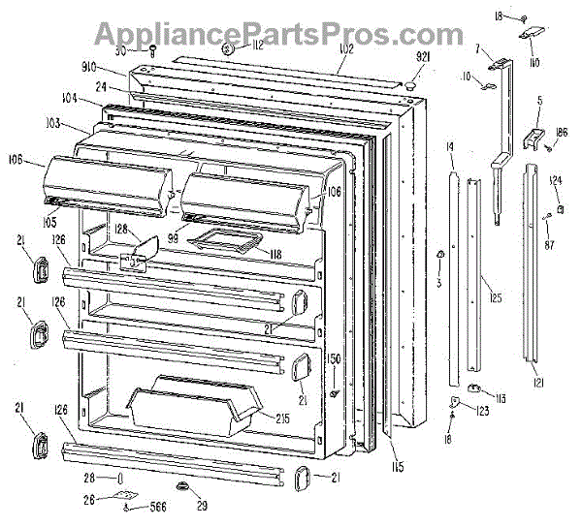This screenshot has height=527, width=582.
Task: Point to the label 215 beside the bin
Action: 283,418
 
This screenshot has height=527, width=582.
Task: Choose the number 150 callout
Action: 335,358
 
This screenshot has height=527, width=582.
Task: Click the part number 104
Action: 69,99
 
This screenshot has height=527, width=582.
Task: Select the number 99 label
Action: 173,237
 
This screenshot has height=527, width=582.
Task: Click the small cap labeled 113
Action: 474,389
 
